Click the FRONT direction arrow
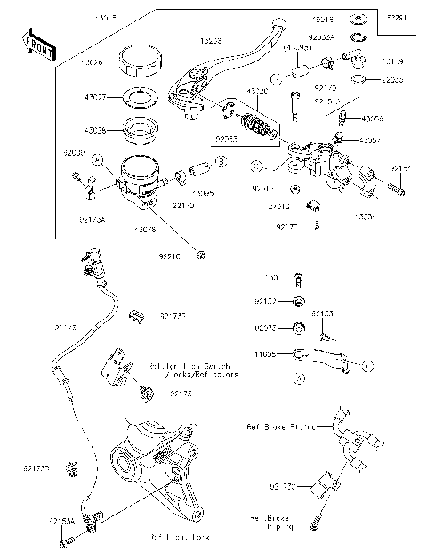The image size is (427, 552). click(38, 46)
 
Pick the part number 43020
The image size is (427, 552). click(258, 92)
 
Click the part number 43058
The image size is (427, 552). click(373, 117)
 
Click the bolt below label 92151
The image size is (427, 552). click(394, 188)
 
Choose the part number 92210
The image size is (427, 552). click(169, 256)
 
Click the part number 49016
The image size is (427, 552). click(323, 18)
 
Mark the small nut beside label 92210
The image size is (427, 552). click(203, 256)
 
